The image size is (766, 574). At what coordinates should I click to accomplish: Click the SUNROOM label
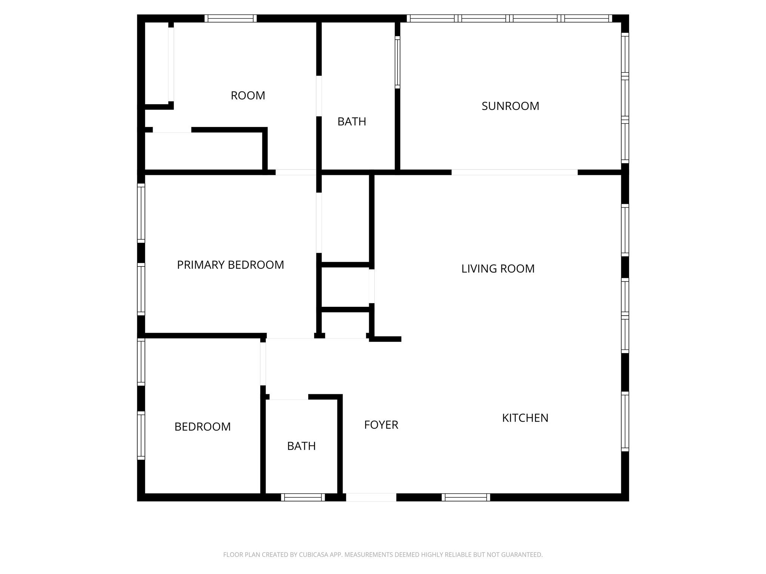[510, 106]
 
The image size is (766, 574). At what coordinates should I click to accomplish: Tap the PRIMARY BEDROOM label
[230, 265]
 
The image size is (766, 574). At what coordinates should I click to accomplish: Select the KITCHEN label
[525, 418]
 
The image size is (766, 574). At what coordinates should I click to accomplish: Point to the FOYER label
[381, 425]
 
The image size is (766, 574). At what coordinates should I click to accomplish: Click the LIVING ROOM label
[497, 269]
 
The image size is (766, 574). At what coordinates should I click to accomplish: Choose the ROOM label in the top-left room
[248, 96]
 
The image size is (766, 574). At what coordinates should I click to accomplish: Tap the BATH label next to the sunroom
[352, 121]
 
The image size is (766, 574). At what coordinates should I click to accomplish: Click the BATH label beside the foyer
[301, 446]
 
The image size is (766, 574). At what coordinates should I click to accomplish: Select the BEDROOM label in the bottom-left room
[202, 427]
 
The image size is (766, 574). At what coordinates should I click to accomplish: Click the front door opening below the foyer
[371, 497]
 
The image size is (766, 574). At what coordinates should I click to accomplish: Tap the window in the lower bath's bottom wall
[303, 497]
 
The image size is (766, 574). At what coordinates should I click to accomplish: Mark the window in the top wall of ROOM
[230, 18]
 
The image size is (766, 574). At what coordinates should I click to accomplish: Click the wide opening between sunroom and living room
[514, 172]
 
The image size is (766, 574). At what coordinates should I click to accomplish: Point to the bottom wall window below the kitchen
[466, 497]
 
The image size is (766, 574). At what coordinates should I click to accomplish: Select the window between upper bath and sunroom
[398, 62]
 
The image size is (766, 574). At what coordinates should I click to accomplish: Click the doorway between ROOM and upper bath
[319, 96]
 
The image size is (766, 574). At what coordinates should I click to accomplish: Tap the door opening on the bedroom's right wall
[263, 364]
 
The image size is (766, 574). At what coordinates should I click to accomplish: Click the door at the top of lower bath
[288, 397]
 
